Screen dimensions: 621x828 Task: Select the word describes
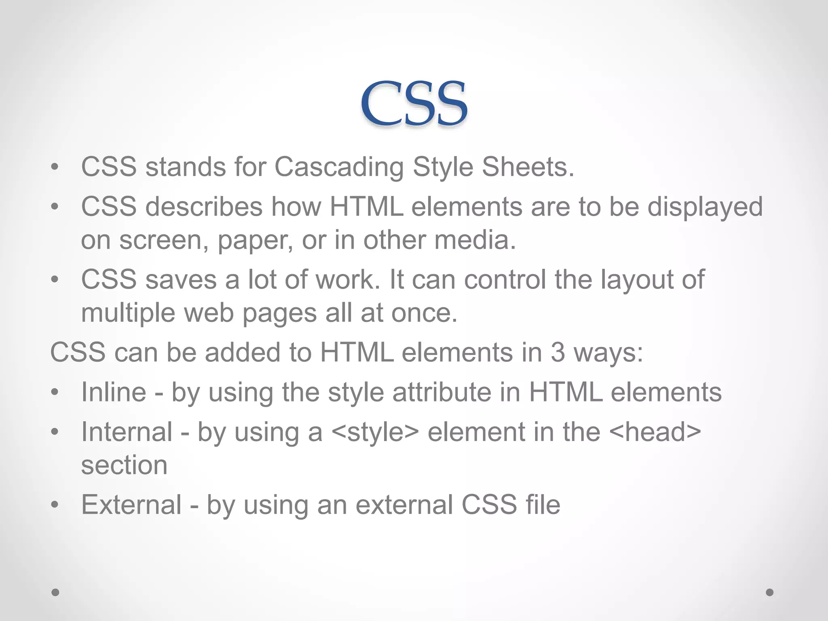coord(204,207)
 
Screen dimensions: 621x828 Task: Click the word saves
coord(181,279)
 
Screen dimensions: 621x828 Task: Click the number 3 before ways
coord(558,352)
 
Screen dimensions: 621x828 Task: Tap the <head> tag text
coord(655,432)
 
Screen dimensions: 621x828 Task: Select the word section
coord(124,465)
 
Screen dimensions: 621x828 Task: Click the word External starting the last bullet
coord(131,505)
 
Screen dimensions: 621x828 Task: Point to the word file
coord(543,505)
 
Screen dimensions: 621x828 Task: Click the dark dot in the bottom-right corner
coord(770,592)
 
